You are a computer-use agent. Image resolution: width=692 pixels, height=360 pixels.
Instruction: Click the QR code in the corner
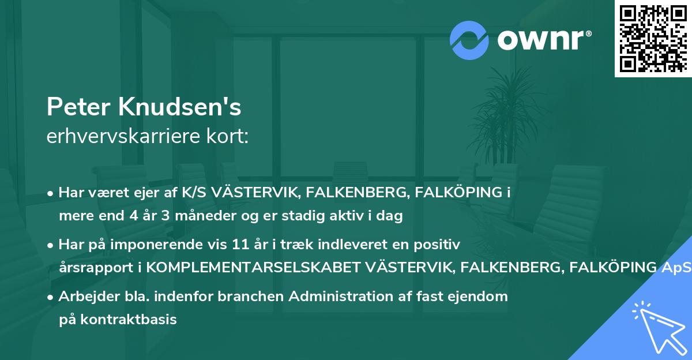pyautogui.click(x=653, y=38)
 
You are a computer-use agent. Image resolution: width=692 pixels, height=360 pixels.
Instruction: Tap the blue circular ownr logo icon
pyautogui.click(x=469, y=39)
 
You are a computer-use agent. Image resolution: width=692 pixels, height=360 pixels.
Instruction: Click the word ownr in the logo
pyautogui.click(x=543, y=39)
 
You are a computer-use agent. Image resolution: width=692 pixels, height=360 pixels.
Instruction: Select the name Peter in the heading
pyautogui.click(x=79, y=107)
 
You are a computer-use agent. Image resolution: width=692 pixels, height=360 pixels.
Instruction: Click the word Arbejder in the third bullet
pyautogui.click(x=84, y=297)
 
